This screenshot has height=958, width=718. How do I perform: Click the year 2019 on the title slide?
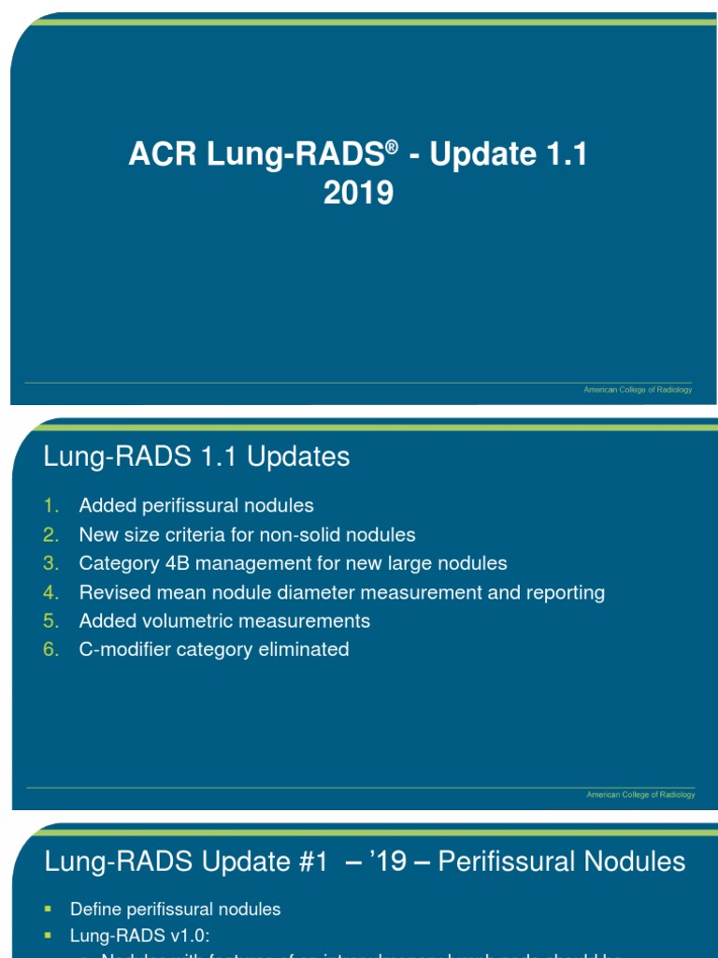[x=358, y=194]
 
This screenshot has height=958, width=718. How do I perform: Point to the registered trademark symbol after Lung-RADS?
[x=392, y=147]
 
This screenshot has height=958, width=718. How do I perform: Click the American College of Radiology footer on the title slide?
[x=638, y=389]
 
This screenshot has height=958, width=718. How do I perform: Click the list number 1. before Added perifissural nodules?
[x=51, y=506]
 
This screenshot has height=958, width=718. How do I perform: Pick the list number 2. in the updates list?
[x=51, y=535]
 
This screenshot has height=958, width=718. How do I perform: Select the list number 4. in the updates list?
[x=51, y=592]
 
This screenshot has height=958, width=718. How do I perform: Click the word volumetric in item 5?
[x=183, y=621]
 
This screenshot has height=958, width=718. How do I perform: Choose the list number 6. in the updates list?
[x=51, y=649]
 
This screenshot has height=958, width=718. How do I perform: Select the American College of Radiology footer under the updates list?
[x=639, y=794]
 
